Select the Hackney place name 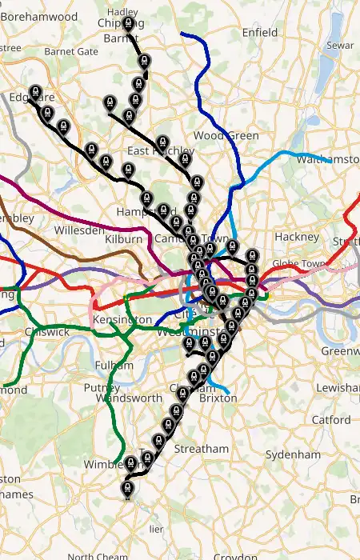tap(297, 237)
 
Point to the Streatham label tap(202, 449)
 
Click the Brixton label tap(218, 398)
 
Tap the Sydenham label tap(293, 454)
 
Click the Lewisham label tap(339, 387)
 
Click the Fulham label tap(108, 365)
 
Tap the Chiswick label tap(47, 331)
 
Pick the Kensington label tap(122, 320)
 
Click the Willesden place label tap(79, 230)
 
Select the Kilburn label tap(124, 238)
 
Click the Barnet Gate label tap(71, 51)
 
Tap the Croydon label tap(234, 556)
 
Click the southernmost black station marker tap(126, 486)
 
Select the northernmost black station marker tap(128, 22)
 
